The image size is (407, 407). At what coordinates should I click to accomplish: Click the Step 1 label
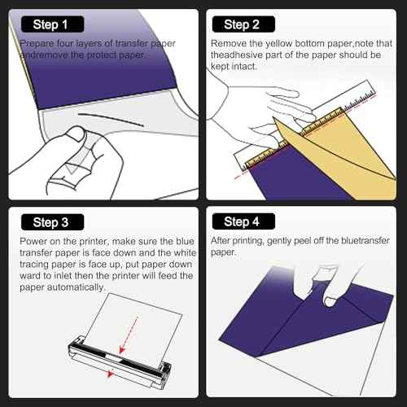point(52,24)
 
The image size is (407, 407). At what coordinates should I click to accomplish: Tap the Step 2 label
point(243,24)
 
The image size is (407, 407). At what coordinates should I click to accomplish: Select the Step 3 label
point(52,222)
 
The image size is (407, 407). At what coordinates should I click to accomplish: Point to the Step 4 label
point(243,221)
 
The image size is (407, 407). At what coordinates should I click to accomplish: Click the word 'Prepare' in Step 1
point(37,43)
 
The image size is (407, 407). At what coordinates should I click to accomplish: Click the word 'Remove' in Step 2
point(229,43)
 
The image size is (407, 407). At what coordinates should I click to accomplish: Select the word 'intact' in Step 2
point(245,66)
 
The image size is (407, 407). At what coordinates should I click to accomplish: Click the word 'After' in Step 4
point(220,240)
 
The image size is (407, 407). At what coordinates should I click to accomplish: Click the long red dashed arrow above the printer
point(129,335)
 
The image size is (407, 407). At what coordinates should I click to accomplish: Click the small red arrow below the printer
point(110,374)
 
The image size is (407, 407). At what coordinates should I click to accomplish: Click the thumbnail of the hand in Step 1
point(76,133)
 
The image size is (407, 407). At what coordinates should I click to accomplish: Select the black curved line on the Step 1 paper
point(111,119)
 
